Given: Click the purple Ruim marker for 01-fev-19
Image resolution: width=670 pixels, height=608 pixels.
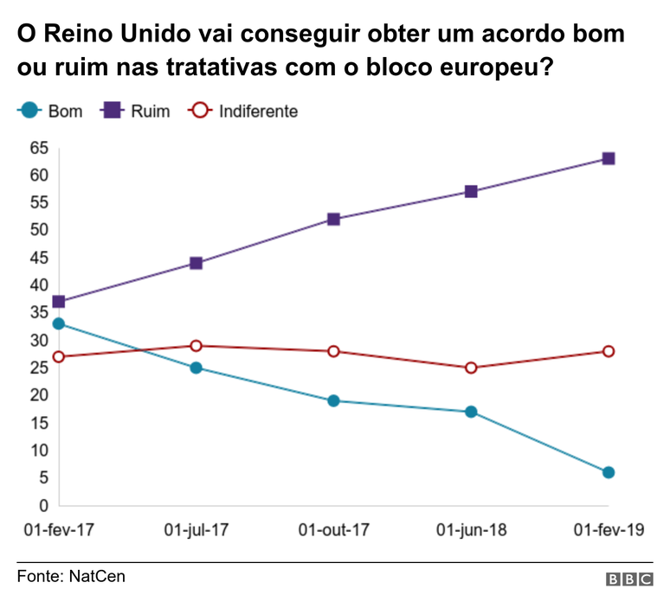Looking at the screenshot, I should [x=609, y=159].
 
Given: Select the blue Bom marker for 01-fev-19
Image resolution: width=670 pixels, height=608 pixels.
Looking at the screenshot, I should [x=609, y=472].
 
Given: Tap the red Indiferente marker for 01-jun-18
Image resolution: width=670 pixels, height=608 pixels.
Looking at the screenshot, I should [x=471, y=368].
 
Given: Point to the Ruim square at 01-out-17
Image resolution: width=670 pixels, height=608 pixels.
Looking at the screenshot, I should [x=333, y=220].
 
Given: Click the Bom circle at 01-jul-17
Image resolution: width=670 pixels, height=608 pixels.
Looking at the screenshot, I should [x=196, y=368].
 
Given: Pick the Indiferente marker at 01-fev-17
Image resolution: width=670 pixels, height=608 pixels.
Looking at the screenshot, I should [x=58, y=356].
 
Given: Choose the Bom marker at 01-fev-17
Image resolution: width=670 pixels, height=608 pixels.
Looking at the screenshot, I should [x=58, y=323].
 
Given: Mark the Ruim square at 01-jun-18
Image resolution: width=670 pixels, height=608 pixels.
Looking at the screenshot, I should [x=471, y=191].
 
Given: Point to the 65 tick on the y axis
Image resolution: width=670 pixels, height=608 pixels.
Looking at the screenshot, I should [x=38, y=148].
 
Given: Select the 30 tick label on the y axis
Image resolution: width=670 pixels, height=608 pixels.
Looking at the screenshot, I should [x=38, y=341].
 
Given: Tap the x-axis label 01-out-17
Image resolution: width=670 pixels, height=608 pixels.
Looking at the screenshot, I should [x=333, y=529].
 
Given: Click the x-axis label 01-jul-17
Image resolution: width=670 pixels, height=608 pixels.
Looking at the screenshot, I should [x=196, y=529].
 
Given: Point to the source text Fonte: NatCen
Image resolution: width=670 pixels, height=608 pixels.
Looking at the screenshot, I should [x=71, y=576].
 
